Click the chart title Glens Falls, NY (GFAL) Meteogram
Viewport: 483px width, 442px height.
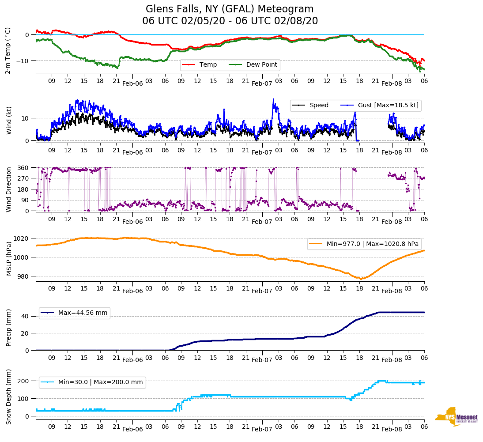[x=230, y=9]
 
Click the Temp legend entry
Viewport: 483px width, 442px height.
[x=208, y=65]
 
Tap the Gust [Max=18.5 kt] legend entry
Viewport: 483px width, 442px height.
[x=388, y=106]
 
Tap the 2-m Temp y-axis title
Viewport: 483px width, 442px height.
[x=8, y=50]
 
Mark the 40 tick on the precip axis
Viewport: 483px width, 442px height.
[x=26, y=316]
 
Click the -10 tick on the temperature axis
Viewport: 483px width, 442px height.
[x=24, y=61]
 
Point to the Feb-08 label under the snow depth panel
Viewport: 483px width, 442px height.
[x=392, y=429]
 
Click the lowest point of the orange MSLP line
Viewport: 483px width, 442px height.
[x=361, y=279]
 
